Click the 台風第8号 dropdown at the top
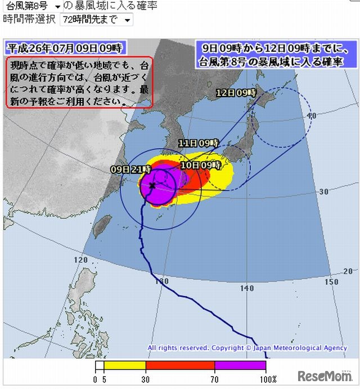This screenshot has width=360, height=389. pos(33,6)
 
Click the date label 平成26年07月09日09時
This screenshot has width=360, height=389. pos(64,47)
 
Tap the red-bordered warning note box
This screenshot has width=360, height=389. pos(79,82)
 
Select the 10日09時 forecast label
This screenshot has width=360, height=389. pos(200,165)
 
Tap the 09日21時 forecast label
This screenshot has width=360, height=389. pos(130,168)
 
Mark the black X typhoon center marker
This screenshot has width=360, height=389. pos(152,185)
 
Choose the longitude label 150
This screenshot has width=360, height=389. pos(332,281)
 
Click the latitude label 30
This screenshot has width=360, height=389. pos(323,191)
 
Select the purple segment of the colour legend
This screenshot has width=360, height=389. pos(240,365)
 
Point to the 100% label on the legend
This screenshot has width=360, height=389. pos(266,379)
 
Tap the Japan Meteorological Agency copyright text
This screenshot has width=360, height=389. pos(247,348)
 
